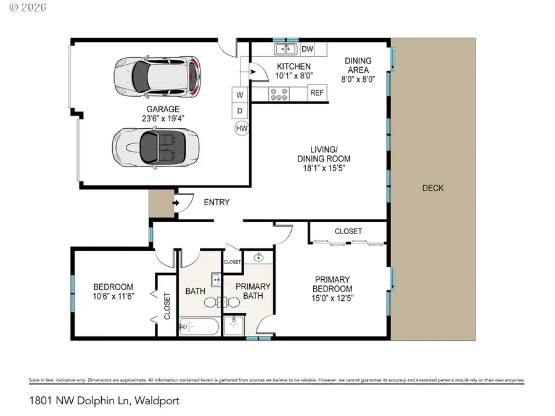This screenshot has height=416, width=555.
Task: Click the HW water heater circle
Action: (241, 128)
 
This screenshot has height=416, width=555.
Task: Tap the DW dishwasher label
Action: (307, 49)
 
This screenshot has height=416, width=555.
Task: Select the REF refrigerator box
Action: (317, 93)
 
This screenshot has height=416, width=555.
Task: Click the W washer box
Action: (239, 95)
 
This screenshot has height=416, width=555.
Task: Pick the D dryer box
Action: (239, 111)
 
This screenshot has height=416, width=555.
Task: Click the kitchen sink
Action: (284, 49)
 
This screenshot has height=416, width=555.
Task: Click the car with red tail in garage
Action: (158, 77)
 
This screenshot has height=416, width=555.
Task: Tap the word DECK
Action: (433, 188)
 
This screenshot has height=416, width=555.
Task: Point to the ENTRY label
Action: (216, 202)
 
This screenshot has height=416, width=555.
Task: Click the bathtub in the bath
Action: (199, 326)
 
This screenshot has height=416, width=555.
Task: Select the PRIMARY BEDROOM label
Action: (332, 284)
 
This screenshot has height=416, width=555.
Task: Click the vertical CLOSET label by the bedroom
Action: (167, 306)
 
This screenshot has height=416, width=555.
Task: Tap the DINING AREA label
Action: (358, 65)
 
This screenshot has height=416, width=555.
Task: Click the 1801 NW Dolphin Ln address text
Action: (104, 401)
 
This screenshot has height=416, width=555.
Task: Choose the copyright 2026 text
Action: (19, 7)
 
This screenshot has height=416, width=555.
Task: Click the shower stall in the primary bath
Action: (234, 325)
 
